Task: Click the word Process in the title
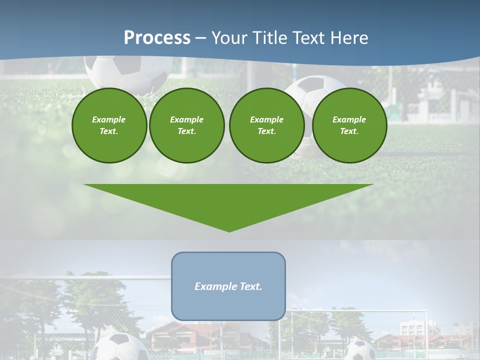tap(157, 38)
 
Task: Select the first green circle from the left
tap(109, 125)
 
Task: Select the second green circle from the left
tap(186, 125)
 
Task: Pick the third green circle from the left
tap(266, 125)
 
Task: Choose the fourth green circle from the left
tap(349, 125)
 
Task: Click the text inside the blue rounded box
tap(228, 286)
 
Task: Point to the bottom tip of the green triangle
tap(229, 231)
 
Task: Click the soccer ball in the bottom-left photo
tap(115, 348)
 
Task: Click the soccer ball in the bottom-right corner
tap(360, 350)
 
